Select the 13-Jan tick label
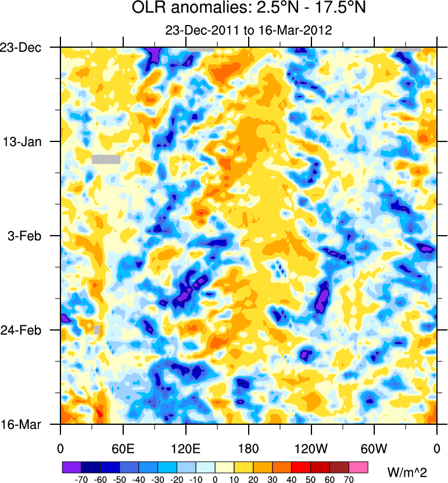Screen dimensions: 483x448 (27, 141)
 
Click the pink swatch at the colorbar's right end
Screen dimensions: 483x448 (359, 467)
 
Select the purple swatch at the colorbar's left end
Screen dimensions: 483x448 (71, 467)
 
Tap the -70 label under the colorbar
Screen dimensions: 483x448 (81, 479)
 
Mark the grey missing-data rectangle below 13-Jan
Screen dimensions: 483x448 (106, 159)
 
